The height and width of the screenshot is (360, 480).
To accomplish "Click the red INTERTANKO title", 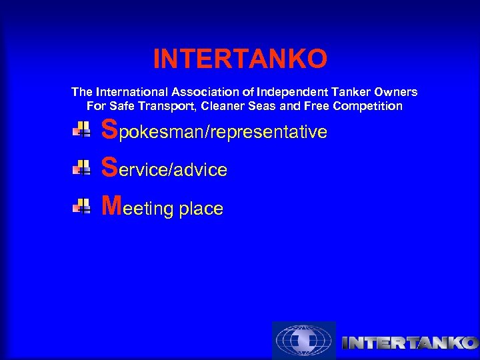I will click(240, 59).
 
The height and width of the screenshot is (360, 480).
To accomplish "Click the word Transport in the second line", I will click(169, 106).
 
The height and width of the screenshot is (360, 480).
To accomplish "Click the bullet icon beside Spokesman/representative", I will click(82, 130).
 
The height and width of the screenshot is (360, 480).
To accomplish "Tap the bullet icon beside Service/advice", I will click(82, 168).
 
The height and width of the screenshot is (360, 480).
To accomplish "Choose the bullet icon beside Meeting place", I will click(82, 206).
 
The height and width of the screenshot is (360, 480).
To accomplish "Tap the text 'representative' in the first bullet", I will click(269, 133).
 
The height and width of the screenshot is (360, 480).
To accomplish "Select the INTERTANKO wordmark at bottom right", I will click(409, 343).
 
